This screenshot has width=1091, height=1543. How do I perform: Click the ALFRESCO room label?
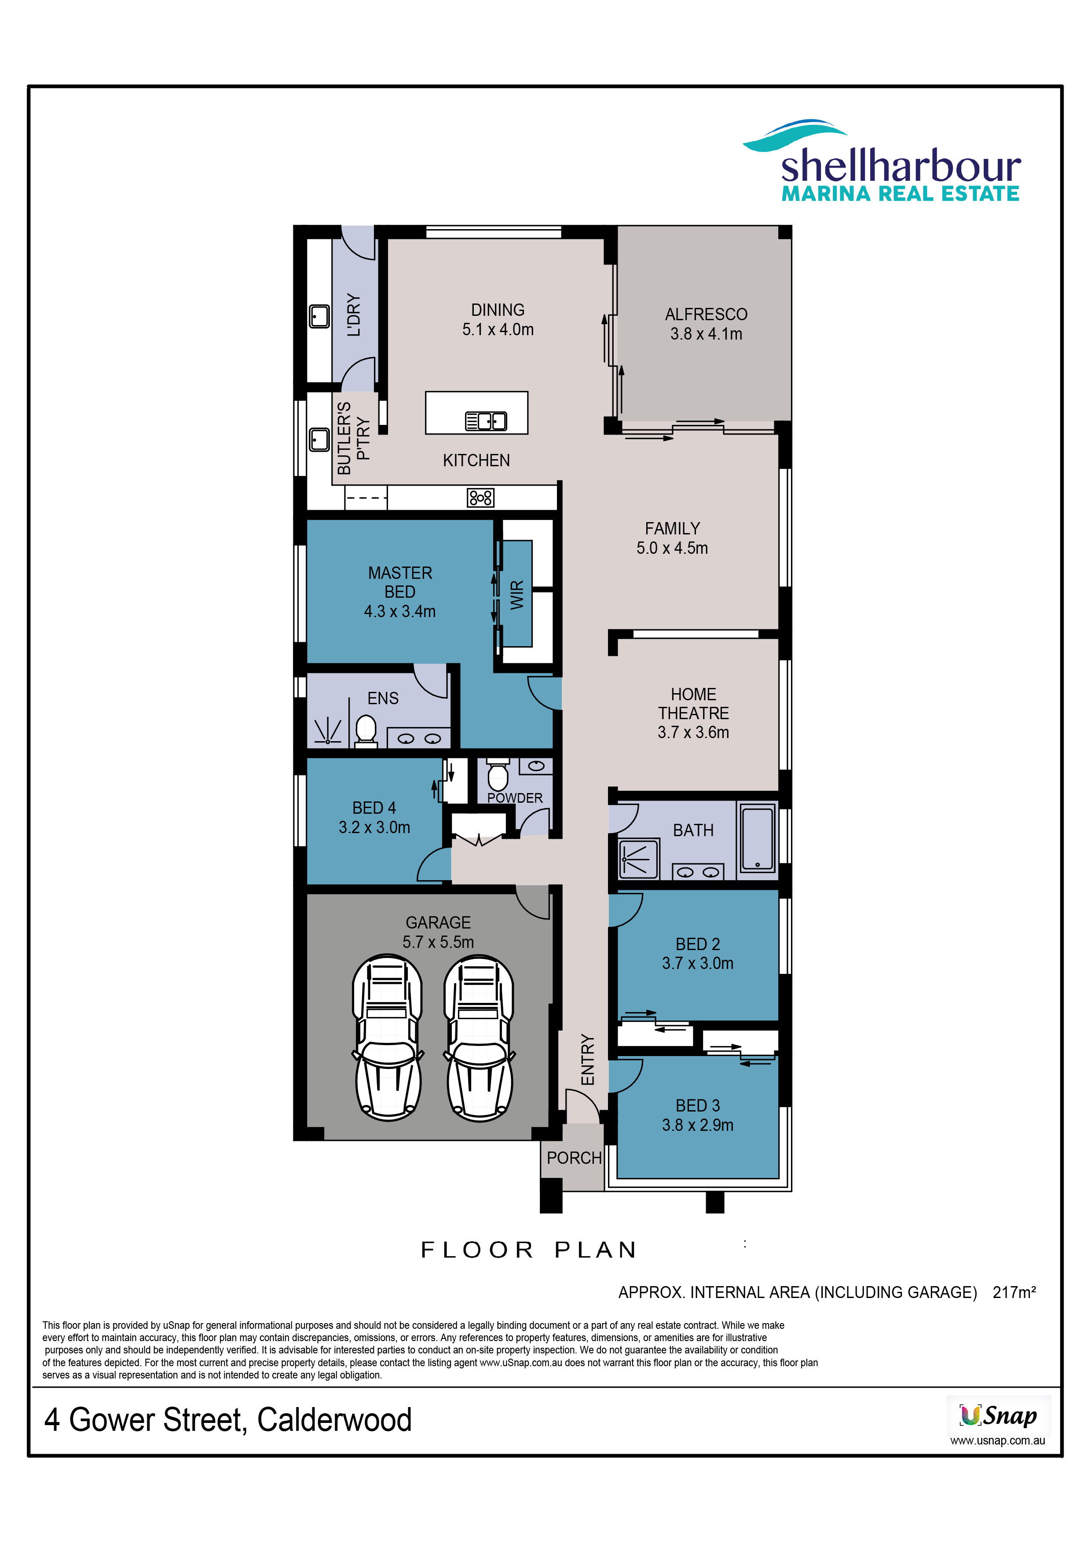[706, 314]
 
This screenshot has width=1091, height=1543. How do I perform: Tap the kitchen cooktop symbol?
[481, 498]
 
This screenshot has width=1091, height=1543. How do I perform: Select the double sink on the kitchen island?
[486, 421]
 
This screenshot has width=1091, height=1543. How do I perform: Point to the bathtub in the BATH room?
[758, 839]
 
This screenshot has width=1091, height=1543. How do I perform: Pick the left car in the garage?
[388, 1038]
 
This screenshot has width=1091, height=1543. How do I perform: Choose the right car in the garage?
[479, 1038]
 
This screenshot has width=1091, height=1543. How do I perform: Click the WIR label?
[517, 595]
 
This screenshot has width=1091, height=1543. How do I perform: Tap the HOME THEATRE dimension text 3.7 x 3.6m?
[693, 732]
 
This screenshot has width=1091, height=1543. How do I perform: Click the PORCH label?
[574, 1158]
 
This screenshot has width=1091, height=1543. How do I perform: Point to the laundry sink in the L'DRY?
[319, 316]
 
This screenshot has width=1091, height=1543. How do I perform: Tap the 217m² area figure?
[1014, 1292]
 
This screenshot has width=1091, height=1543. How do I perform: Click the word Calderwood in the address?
[334, 1420]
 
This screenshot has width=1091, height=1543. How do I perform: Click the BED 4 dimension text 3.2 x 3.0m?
[374, 827]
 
